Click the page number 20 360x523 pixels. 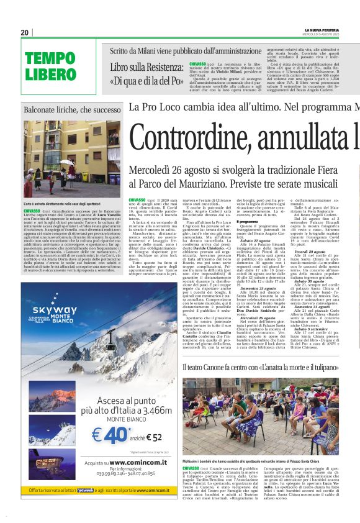[x=24, y=32]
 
